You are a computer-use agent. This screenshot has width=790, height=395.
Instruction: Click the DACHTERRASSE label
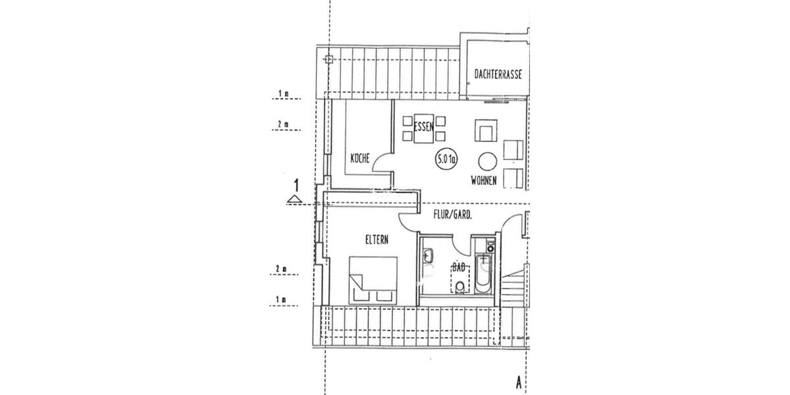click(x=498, y=75)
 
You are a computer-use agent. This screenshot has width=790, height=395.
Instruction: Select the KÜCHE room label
click(x=359, y=158)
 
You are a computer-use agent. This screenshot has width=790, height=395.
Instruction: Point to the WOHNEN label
click(x=483, y=180)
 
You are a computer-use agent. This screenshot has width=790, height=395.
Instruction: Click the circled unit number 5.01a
click(x=446, y=159)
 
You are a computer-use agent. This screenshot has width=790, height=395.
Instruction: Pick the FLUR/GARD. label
click(x=452, y=215)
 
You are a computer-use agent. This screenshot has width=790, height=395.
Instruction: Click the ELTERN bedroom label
click(x=377, y=240)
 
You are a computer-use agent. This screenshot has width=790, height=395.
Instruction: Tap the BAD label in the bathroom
click(x=459, y=267)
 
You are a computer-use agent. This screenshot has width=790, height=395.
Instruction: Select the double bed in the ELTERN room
click(x=373, y=280)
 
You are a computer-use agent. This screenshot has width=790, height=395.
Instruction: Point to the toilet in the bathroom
click(x=459, y=286)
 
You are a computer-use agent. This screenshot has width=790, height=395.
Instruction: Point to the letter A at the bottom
click(x=519, y=381)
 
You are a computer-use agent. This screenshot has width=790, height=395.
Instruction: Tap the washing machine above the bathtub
click(x=488, y=246)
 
